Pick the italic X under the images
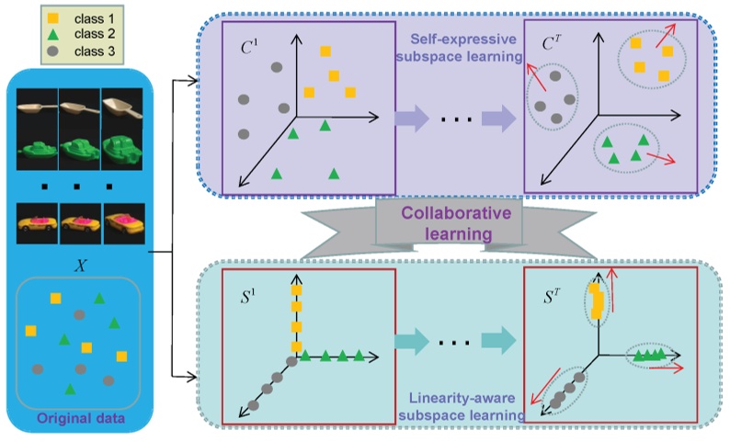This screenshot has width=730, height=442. click(x=81, y=263)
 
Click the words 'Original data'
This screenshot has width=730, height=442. click(x=81, y=421)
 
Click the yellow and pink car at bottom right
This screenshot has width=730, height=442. click(x=122, y=223)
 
